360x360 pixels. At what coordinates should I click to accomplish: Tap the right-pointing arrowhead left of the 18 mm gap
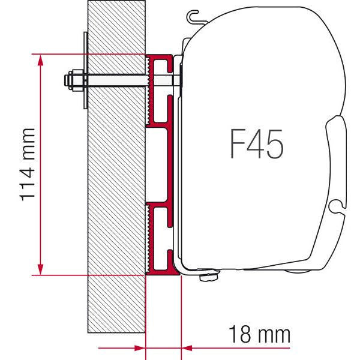(x=140, y=347)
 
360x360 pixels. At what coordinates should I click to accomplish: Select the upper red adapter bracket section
(x=161, y=90)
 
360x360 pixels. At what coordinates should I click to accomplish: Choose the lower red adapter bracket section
(x=161, y=237)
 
